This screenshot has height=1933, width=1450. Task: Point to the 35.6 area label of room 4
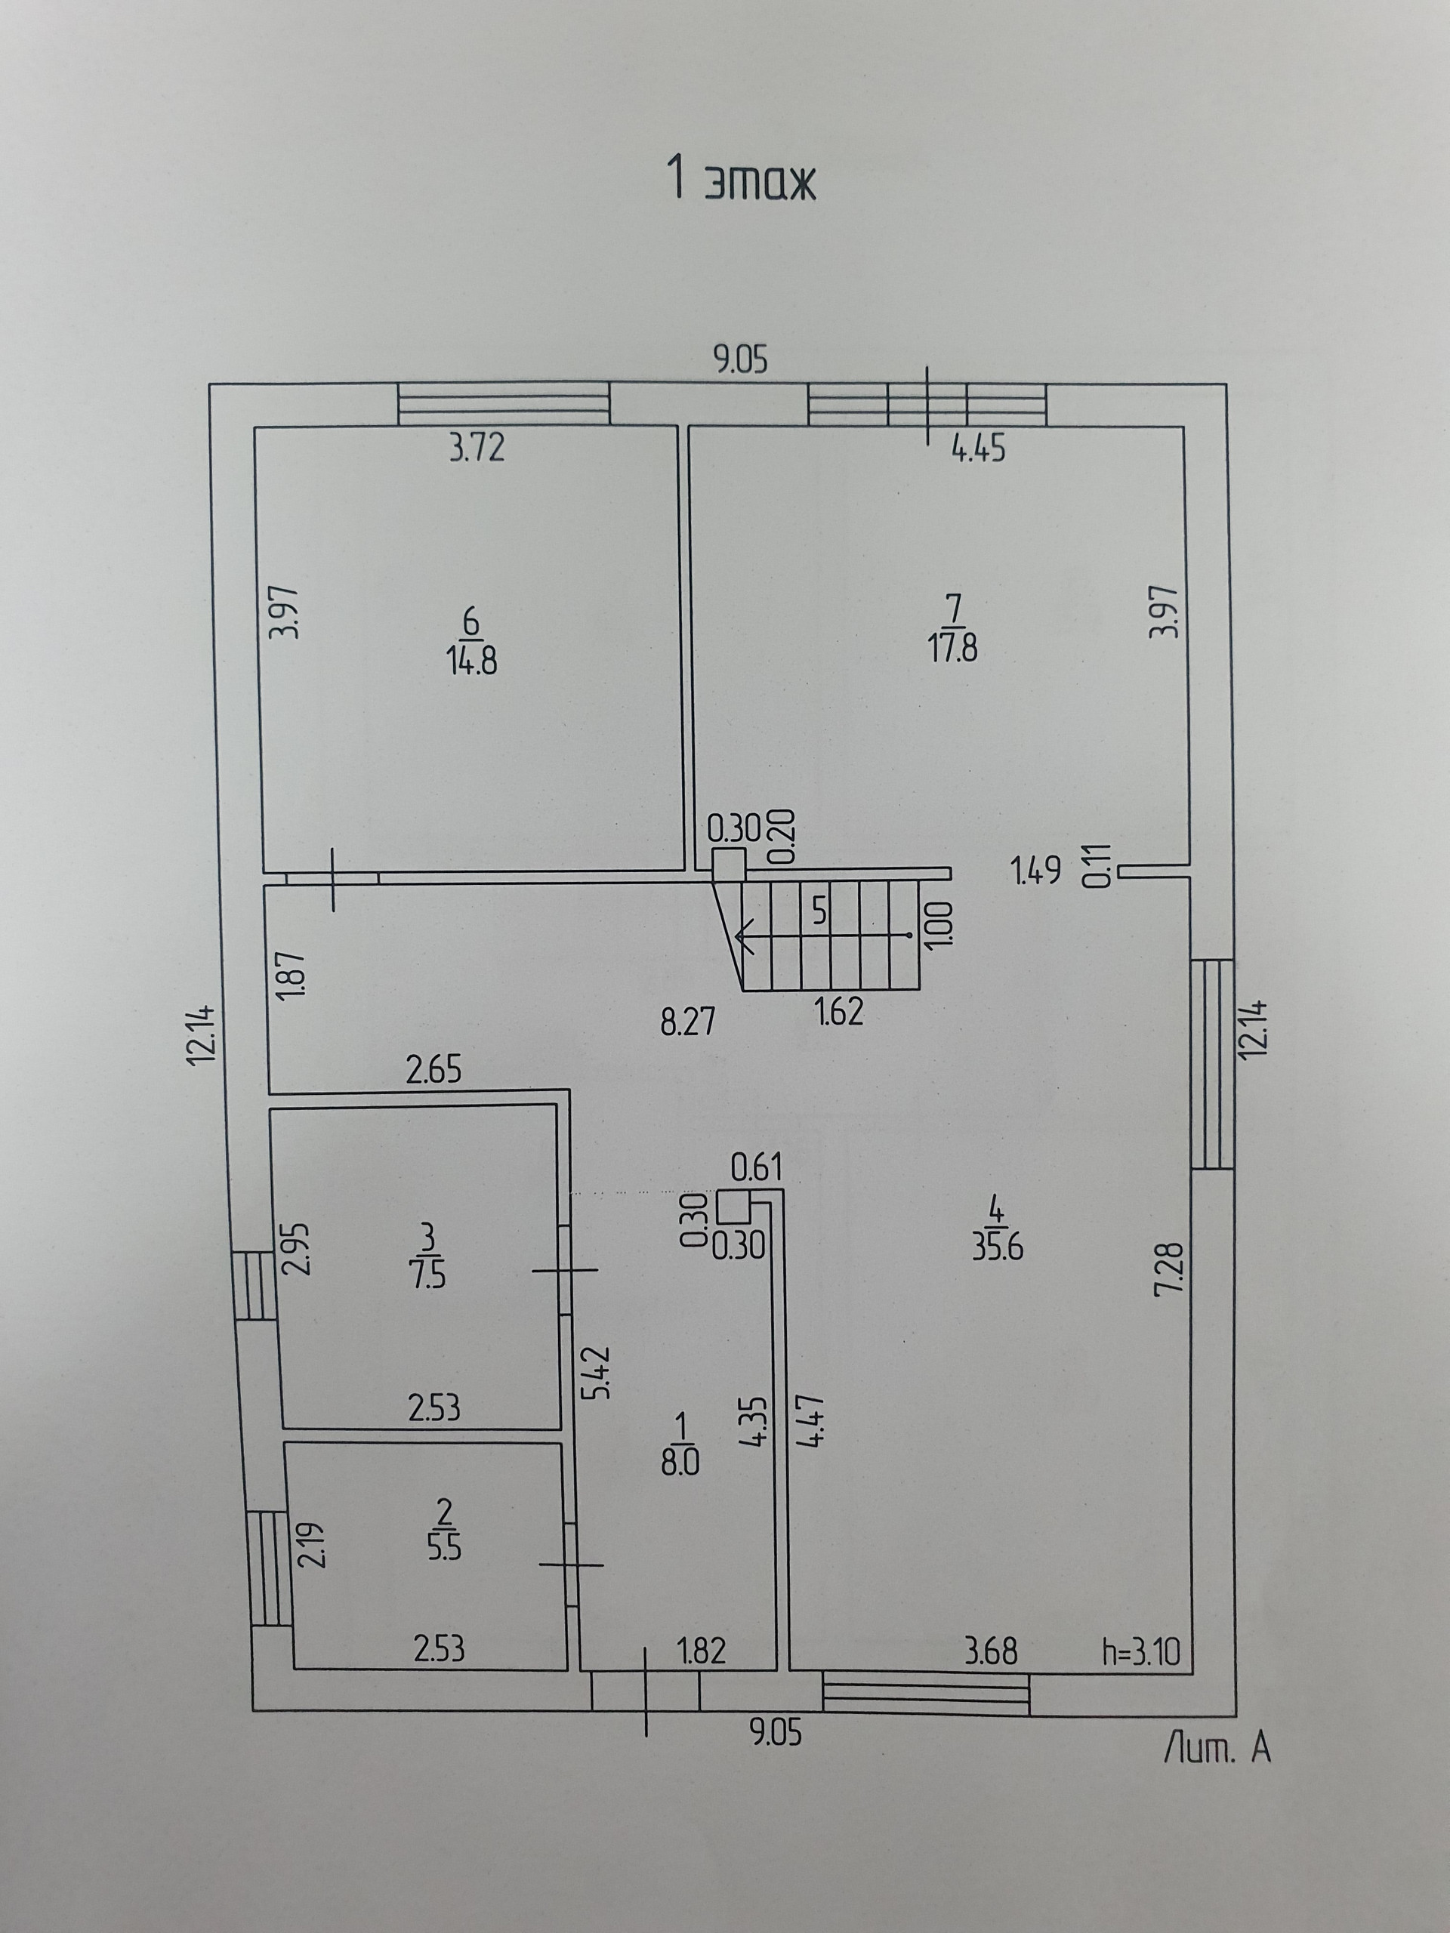998,1247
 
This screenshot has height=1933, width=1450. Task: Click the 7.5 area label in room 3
427,1276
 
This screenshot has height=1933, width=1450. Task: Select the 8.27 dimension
688,1021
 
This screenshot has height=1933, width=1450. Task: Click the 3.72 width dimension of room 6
477,449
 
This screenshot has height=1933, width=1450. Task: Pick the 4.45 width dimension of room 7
979,449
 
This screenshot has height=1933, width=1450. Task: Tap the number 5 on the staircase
819,911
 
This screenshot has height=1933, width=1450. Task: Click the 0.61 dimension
757,1167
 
